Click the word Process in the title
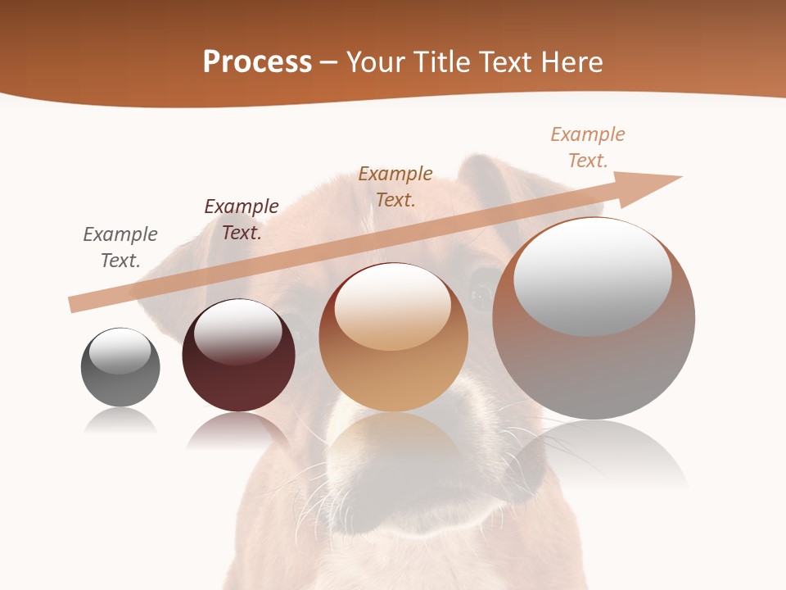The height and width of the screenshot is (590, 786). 257,62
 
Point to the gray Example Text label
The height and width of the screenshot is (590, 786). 120,247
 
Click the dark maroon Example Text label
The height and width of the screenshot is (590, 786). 242,220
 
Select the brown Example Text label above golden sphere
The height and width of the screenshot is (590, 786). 395,186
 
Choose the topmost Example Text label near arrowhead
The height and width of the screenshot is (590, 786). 588,147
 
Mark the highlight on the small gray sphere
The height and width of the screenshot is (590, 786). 120,351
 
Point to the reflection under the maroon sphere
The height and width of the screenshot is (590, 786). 238,430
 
